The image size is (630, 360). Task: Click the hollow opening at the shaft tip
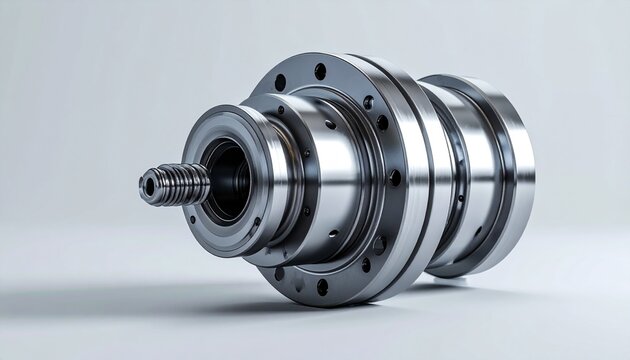[148, 187]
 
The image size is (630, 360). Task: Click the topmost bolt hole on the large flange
[320, 71]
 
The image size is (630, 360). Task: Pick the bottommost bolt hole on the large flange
[322, 287]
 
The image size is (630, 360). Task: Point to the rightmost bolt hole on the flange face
[394, 178]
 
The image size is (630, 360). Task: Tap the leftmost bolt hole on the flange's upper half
[280, 82]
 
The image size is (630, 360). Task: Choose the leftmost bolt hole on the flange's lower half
[279, 272]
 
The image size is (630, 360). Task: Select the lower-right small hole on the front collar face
[257, 222]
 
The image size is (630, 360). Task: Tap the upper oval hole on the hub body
[330, 124]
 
